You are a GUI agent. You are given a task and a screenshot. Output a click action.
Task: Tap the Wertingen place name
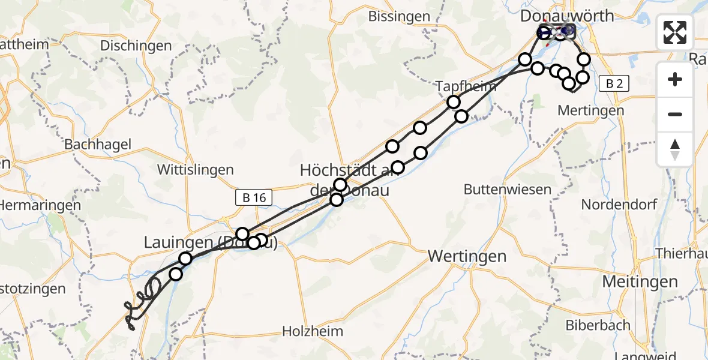pos(467,257)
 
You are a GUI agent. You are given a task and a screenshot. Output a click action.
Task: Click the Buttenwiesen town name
pos(507,190)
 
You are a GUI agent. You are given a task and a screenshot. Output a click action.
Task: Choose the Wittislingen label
pos(195,170)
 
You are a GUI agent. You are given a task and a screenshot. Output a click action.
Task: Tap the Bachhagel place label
pos(97,145)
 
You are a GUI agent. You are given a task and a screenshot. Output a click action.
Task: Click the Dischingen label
pos(136,46)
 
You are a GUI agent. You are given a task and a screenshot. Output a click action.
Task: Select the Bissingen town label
pos(399,16)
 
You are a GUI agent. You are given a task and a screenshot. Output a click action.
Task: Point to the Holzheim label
pos(313,331)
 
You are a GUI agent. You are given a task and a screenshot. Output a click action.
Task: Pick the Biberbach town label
pos(598,325)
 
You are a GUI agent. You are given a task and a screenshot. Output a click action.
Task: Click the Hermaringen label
pos(40,205)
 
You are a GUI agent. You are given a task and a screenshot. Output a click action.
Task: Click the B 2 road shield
pos(614,84)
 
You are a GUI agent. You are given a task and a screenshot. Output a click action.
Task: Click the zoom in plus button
pos(675,79)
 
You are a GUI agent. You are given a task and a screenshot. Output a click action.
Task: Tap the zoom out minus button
pos(675,114)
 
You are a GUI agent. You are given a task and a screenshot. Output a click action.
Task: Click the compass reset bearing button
pos(675,149)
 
